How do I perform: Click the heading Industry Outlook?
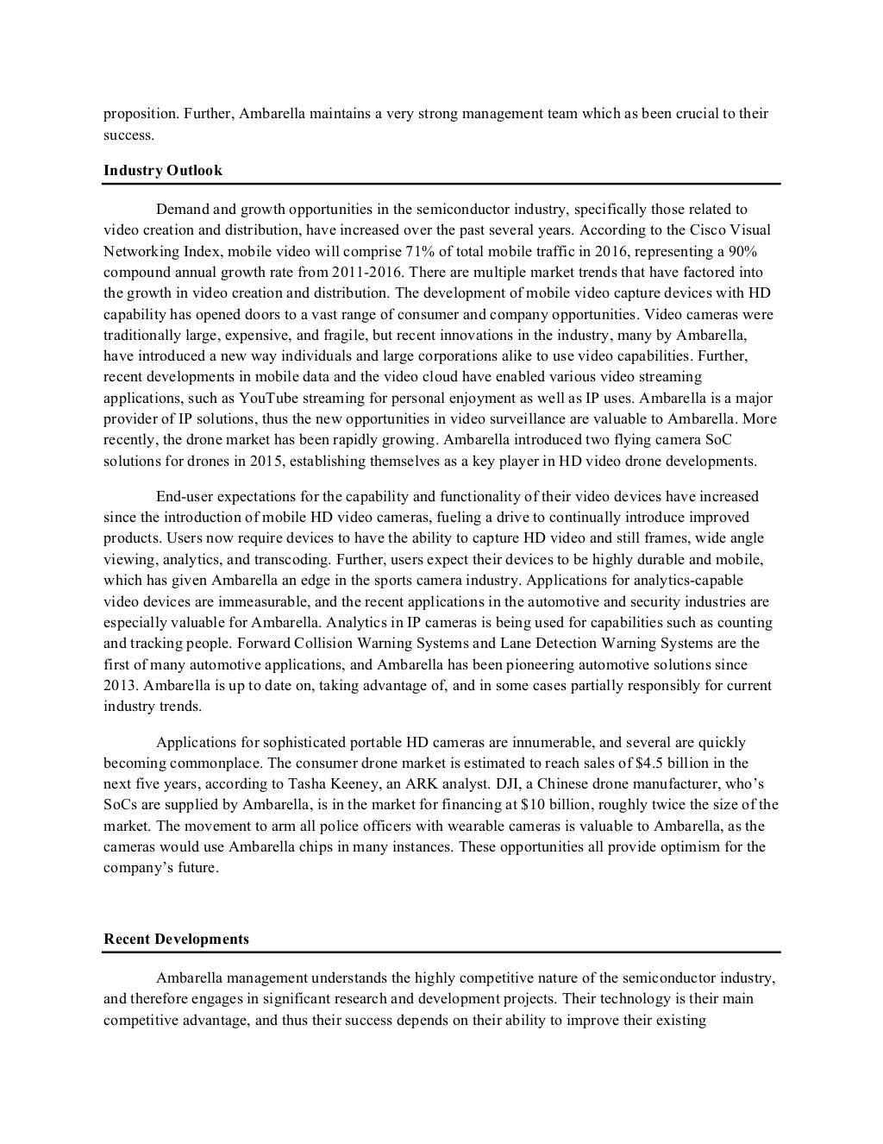coord(163,171)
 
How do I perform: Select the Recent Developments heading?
coord(176,940)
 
